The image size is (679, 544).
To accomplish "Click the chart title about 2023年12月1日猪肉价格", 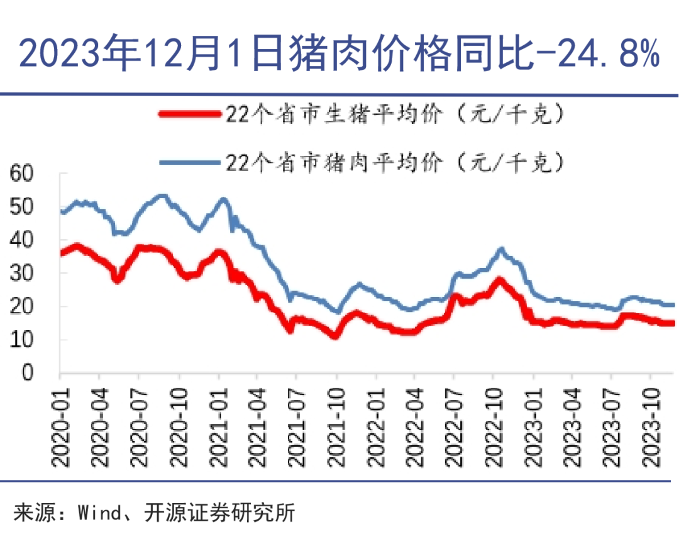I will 339,53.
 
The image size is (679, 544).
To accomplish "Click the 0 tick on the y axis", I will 28,373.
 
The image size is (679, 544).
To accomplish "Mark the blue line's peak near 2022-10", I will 500,249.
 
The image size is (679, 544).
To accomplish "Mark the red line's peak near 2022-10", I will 500,280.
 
